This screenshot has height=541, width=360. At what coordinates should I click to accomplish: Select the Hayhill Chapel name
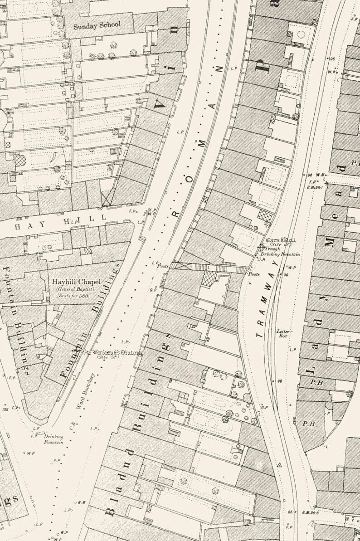click(76, 282)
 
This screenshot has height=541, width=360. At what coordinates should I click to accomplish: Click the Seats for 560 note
click(73, 296)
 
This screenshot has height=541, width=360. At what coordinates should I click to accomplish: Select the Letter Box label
click(283, 333)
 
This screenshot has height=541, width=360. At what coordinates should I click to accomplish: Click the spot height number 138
click(5, 409)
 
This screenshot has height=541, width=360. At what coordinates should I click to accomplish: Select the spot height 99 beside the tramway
click(286, 275)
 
